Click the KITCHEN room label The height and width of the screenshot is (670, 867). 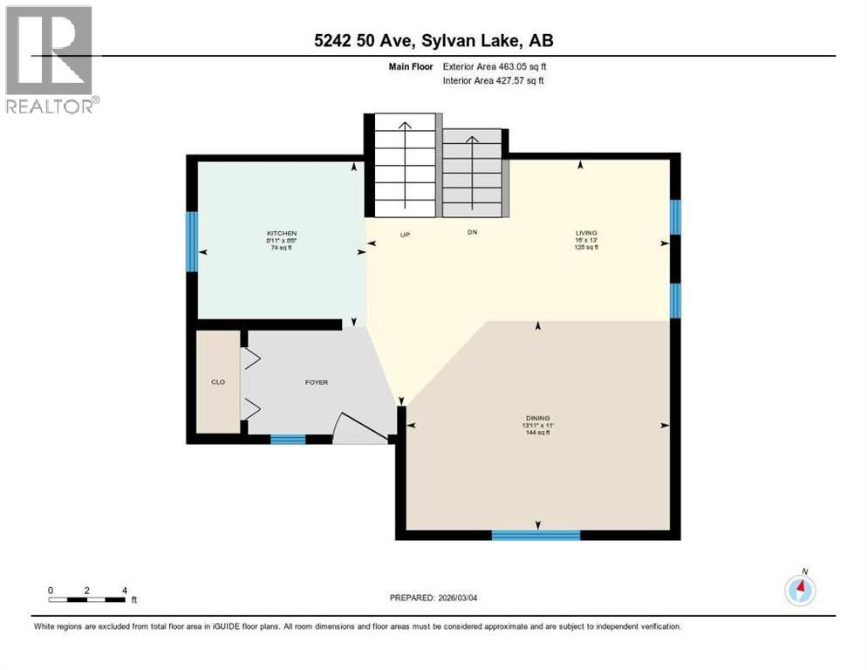point(282,233)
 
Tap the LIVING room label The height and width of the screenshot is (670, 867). point(586,233)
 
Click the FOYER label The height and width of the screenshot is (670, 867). point(316,382)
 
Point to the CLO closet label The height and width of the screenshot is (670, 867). point(218,382)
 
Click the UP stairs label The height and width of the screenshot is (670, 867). point(405,233)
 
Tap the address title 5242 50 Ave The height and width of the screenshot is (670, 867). point(433,40)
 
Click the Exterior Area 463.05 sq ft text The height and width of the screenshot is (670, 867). point(495,66)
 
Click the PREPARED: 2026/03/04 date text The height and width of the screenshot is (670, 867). point(433,598)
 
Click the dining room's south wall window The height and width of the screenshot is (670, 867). point(536,535)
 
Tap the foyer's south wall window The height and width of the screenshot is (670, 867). point(288,440)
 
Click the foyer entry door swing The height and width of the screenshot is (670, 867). point(359,427)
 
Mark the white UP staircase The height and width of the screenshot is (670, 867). point(405,166)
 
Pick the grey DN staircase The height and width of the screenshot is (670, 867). point(473,172)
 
